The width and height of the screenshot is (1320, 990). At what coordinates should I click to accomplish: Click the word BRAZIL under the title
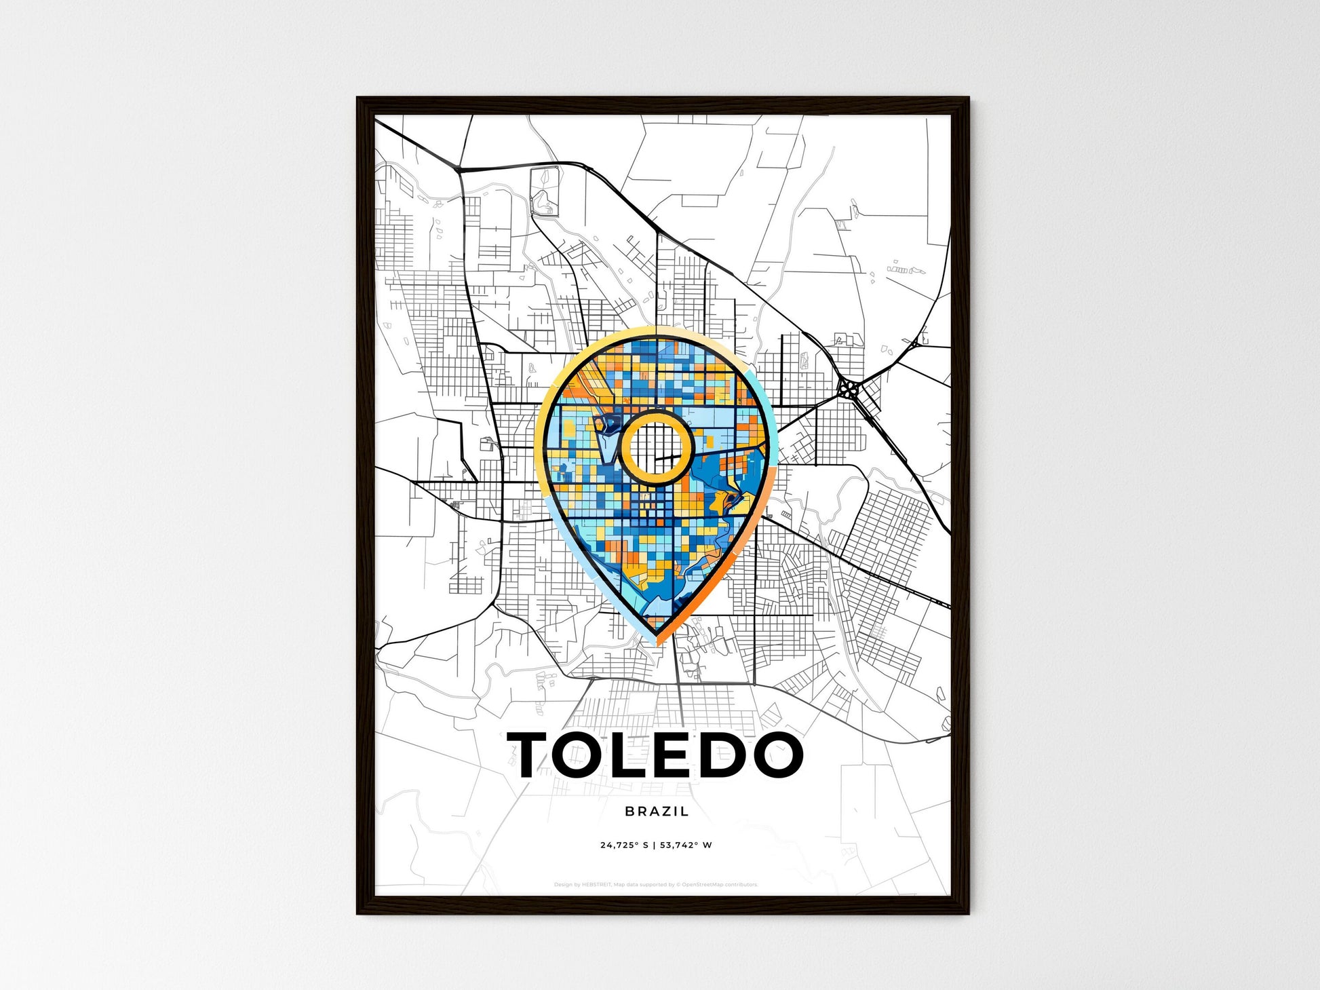(657, 811)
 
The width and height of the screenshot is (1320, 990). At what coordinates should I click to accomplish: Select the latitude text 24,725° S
(624, 845)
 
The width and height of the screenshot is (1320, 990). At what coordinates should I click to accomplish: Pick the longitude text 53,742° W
(686, 845)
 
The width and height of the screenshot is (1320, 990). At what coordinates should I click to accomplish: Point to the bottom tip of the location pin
(657, 641)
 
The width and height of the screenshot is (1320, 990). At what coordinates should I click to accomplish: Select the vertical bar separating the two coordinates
(655, 845)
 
